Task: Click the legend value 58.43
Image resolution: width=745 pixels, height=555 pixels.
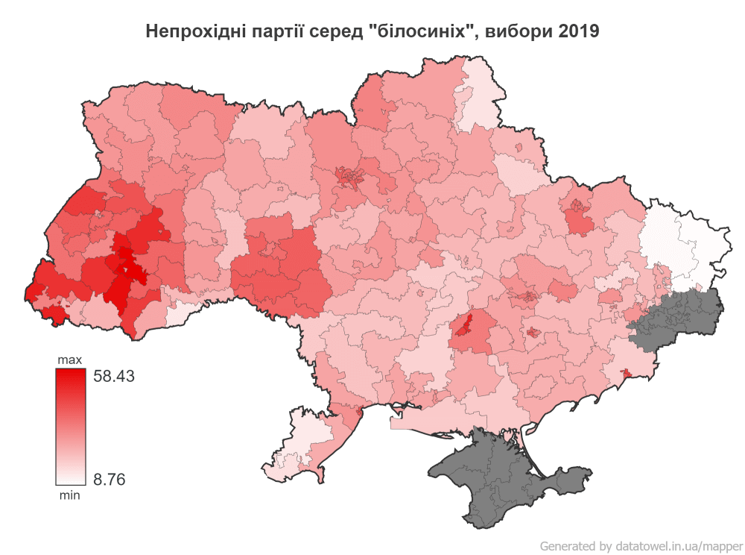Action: coord(113,377)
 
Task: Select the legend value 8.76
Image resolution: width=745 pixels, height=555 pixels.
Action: coord(109,479)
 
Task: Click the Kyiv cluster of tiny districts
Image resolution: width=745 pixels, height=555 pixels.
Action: coord(351,176)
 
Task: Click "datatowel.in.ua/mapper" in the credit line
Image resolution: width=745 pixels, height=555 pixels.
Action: coord(679,545)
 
